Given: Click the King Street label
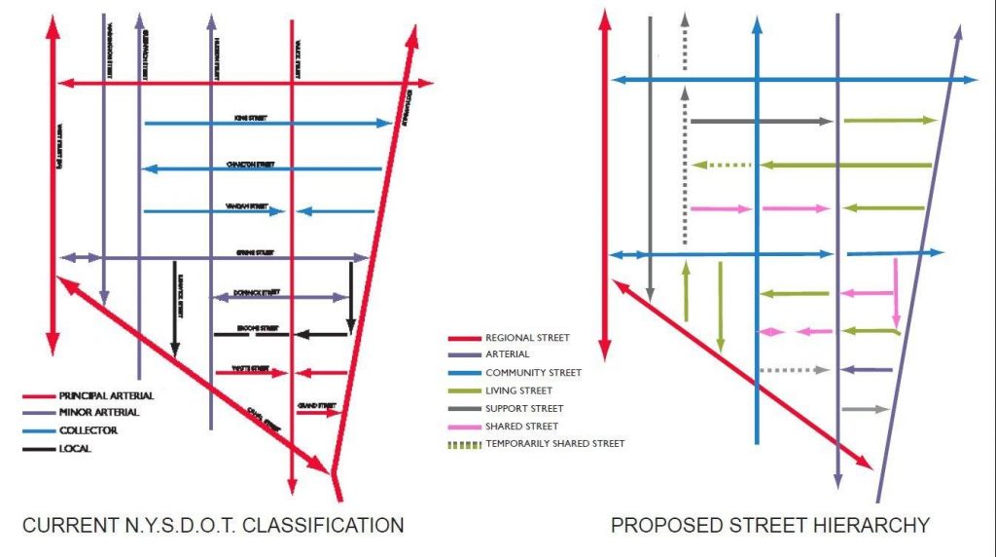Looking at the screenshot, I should pos(250,119).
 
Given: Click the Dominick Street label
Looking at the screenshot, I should pos(257,292).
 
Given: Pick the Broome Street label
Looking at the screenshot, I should pos(257,329).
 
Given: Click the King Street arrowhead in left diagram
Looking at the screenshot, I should pos(383,124).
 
